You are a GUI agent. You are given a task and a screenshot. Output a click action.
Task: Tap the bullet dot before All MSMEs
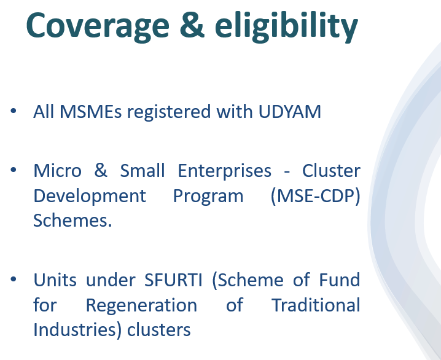[x=14, y=111]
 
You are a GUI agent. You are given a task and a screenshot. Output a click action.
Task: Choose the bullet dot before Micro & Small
[x=14, y=169]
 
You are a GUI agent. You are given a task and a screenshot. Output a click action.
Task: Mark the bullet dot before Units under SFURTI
[x=14, y=280]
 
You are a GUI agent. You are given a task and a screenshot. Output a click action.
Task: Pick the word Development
[x=90, y=196]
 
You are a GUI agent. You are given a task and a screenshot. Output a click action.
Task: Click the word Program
[x=208, y=196]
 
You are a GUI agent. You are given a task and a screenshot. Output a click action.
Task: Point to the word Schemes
[x=72, y=221]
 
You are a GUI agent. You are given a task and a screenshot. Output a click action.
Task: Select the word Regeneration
[x=141, y=305]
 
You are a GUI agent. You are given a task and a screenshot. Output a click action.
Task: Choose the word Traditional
[x=316, y=305]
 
